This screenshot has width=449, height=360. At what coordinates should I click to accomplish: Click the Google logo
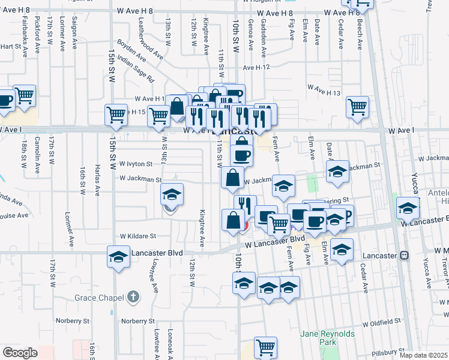coord(20,353)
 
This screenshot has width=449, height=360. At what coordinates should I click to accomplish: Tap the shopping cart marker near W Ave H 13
coord(357,107)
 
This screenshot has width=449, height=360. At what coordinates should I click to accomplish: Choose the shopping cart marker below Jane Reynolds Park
coord(265,347)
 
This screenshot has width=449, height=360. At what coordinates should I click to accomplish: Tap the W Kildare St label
coord(137,236)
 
